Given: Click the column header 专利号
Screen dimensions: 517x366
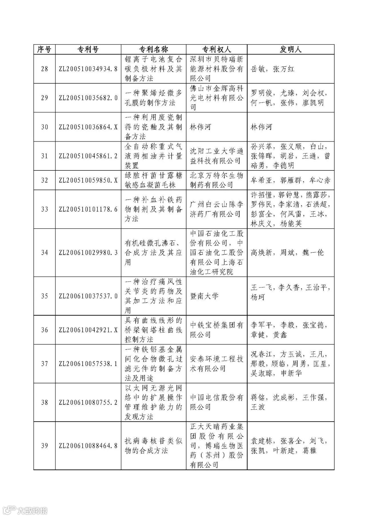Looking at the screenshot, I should [88, 49].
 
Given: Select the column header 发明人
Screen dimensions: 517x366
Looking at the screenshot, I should [291, 49].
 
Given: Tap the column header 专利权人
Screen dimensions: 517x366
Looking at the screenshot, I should [216, 49].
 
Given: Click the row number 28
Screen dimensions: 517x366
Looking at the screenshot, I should [44, 69].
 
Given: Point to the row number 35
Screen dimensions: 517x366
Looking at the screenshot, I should [44, 296].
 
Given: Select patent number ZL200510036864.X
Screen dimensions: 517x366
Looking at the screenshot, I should [88, 127].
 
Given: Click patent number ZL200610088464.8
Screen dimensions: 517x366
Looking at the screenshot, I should [88, 446].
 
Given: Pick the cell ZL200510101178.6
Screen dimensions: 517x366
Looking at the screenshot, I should [88, 209].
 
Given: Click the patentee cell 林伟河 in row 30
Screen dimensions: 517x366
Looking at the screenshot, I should [200, 127].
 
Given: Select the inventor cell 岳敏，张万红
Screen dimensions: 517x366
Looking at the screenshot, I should [272, 69].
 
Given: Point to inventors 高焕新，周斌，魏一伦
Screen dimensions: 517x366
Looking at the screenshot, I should [287, 253].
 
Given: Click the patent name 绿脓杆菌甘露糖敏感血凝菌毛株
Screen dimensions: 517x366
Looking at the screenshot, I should [154, 180].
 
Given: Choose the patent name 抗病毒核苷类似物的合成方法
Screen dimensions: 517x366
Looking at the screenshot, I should [154, 446].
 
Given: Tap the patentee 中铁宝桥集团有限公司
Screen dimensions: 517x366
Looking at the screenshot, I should [216, 330].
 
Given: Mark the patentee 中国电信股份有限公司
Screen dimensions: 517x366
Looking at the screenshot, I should [216, 402].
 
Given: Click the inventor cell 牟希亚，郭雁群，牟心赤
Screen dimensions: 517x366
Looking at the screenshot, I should [290, 180].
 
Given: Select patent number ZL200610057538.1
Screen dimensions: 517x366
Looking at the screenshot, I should [88, 364].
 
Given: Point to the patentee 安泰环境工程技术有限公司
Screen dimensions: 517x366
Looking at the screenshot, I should [216, 364].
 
